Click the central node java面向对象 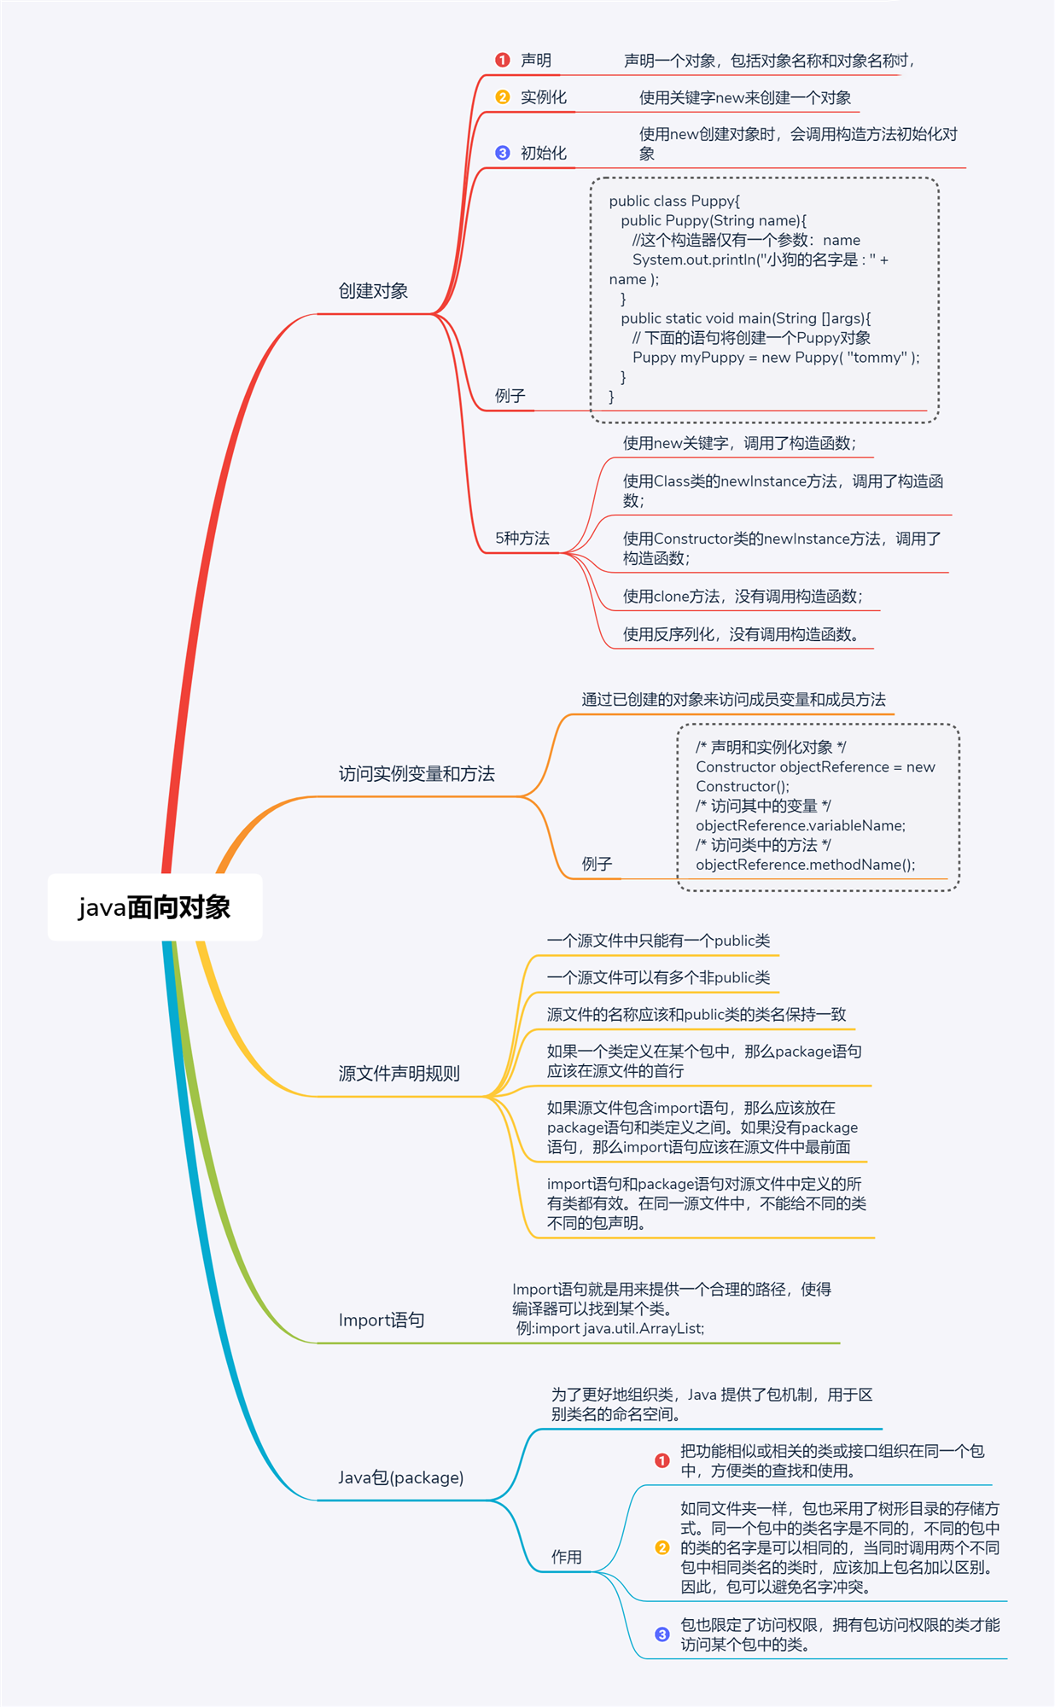coord(154,907)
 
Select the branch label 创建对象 coord(373,291)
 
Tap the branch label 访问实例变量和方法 coord(417,774)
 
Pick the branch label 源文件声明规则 coord(399,1074)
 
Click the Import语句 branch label coord(382,1320)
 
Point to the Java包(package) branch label coord(400,1477)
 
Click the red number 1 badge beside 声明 coord(503,60)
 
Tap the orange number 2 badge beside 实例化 coord(503,97)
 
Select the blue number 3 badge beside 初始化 coord(503,153)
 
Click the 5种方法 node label coord(522,539)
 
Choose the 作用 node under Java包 coord(566,1557)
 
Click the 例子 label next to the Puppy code coord(510,396)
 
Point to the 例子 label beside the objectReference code coord(597,864)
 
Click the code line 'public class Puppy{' coord(674,201)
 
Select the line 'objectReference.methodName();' coord(805,865)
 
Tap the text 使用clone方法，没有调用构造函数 coord(742,597)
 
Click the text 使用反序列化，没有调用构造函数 coord(740,634)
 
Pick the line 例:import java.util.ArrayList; coord(610,1329)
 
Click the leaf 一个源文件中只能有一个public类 coord(658,941)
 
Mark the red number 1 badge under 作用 coord(662,1460)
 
